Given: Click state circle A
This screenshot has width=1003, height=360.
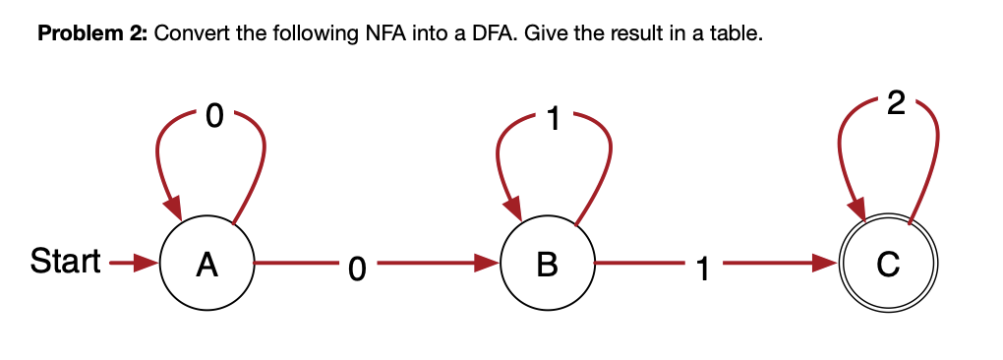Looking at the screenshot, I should pyautogui.click(x=206, y=264).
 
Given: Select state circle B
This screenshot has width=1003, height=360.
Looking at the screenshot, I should pyautogui.click(x=548, y=264).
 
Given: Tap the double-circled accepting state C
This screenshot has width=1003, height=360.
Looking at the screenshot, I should pyautogui.click(x=888, y=264).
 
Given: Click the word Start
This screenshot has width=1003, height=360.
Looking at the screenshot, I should pyautogui.click(x=65, y=263).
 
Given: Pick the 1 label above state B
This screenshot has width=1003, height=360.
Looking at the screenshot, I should pyautogui.click(x=555, y=119).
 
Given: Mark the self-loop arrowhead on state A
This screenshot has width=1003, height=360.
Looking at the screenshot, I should pyautogui.click(x=173, y=208).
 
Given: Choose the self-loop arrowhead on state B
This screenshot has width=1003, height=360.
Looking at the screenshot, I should pyautogui.click(x=513, y=208).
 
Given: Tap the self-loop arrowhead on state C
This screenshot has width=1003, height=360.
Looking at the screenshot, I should pyautogui.click(x=855, y=208).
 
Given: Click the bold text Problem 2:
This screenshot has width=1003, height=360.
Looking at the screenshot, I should pyautogui.click(x=91, y=34).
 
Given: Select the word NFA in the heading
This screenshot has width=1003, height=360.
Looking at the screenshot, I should pyautogui.click(x=376, y=34).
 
